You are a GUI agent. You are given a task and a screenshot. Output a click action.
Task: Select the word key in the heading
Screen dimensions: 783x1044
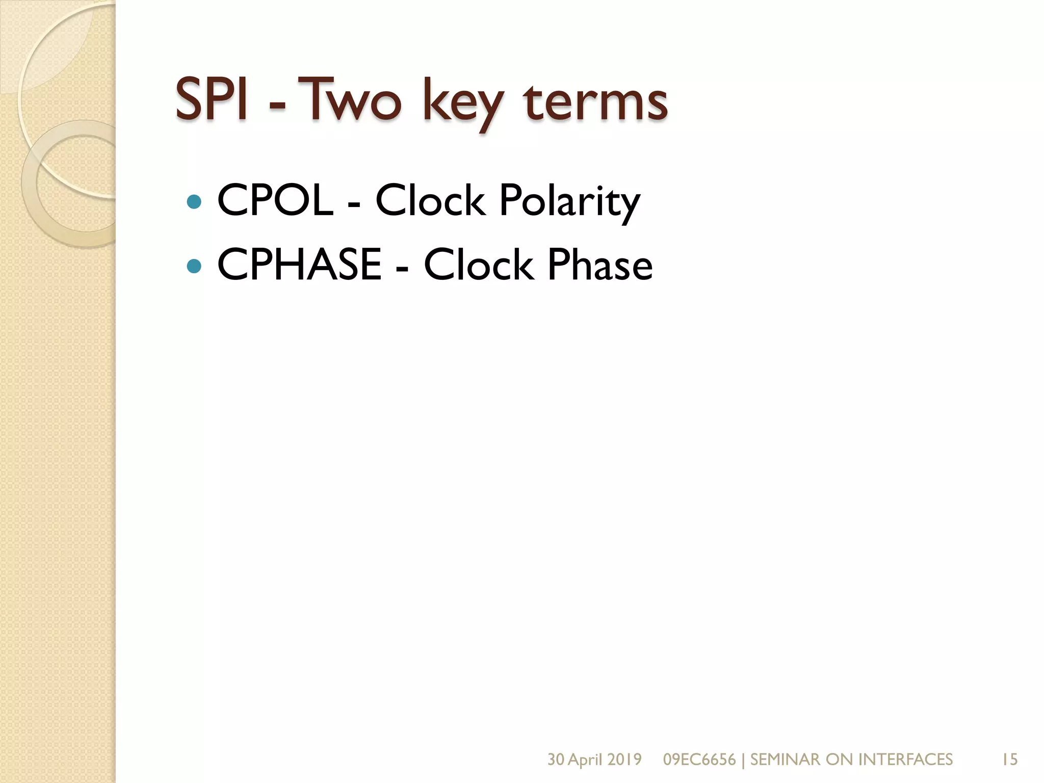pos(462,102)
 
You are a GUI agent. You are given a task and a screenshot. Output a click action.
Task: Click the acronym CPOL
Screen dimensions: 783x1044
pos(275,200)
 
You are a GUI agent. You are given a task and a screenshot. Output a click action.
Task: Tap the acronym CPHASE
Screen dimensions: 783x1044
pos(299,265)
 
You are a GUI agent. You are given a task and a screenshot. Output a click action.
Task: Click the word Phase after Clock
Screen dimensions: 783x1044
pos(600,265)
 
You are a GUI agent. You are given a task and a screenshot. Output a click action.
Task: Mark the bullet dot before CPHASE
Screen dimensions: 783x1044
pos(194,266)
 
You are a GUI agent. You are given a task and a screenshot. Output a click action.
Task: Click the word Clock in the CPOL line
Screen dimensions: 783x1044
pos(430,200)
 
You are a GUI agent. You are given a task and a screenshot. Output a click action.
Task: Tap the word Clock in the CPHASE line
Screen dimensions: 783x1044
pos(479,265)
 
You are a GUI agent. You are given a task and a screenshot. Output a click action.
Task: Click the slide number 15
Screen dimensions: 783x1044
pos(1009,760)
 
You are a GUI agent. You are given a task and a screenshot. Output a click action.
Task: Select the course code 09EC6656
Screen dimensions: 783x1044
pos(699,760)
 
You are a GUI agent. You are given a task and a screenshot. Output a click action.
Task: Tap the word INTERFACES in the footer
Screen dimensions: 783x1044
pos(905,760)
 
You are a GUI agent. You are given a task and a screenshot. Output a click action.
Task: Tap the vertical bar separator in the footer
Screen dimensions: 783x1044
pos(743,760)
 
